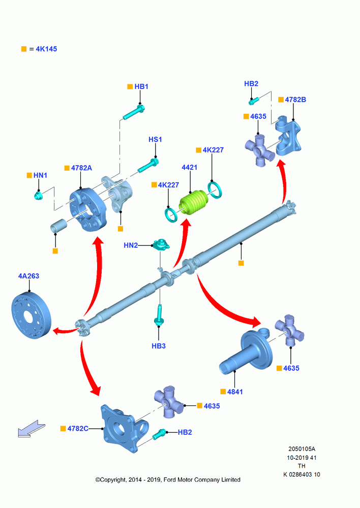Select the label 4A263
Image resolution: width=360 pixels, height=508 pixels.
[x=28, y=276]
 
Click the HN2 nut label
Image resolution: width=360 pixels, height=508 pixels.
[x=131, y=245]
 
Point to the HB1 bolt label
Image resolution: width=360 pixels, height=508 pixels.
[x=141, y=86]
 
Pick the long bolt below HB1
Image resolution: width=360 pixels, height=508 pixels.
[x=134, y=112]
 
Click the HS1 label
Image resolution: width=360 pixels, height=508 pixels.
[x=155, y=139]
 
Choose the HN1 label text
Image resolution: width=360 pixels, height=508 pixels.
[x=40, y=175]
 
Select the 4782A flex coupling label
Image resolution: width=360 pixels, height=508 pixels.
[x=81, y=168]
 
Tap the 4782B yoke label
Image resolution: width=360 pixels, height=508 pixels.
[x=295, y=100]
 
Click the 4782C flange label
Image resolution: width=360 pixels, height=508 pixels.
[x=78, y=429]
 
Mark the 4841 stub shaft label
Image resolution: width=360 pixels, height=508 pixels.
[x=235, y=392]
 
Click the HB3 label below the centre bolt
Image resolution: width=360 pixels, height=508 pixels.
[x=159, y=346]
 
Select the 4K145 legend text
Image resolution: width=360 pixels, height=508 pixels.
[x=46, y=49]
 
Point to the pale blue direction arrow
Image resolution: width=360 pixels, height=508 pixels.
[x=32, y=429]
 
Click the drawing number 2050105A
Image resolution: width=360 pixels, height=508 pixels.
[x=302, y=449]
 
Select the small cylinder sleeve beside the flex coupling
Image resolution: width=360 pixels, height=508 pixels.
[x=58, y=226]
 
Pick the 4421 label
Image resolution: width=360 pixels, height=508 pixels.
[x=189, y=167]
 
